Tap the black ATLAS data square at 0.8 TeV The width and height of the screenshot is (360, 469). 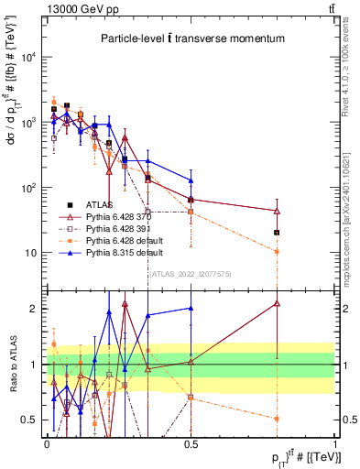277,233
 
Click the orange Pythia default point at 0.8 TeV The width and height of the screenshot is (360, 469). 277,251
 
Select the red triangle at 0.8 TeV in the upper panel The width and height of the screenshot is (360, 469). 277,211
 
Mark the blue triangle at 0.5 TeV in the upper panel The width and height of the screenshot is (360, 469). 191,180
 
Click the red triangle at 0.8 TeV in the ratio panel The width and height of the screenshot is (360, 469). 277,303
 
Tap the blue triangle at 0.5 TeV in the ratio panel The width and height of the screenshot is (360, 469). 191,309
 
